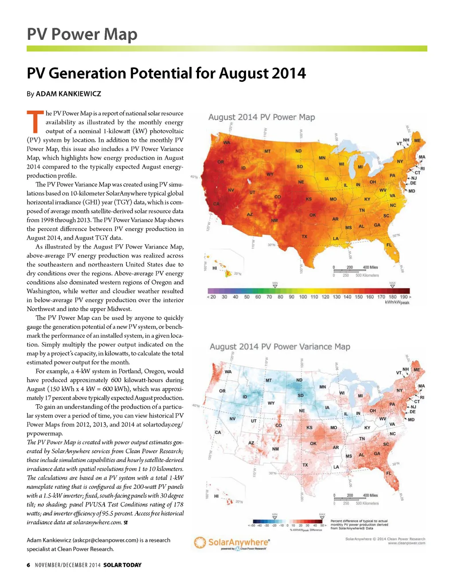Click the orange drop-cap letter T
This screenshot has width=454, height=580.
(35, 122)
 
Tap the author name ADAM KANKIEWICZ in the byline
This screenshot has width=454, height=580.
(68, 94)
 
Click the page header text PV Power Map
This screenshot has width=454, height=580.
(82, 34)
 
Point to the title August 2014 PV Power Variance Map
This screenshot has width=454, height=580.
(280, 347)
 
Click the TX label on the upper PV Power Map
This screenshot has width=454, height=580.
(304, 236)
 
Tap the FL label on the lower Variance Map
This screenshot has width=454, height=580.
(388, 473)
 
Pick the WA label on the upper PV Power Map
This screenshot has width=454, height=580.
(227, 143)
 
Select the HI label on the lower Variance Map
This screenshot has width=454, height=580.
(216, 496)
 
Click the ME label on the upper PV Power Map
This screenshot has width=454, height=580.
(417, 141)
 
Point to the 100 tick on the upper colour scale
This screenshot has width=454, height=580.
(303, 297)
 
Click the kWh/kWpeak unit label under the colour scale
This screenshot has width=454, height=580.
(398, 303)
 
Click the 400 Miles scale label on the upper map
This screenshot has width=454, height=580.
(370, 267)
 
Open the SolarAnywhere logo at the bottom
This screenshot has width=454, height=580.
(232, 543)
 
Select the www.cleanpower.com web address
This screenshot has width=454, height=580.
(407, 543)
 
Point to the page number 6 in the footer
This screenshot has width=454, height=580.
(28, 565)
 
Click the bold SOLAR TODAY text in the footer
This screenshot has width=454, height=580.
(122, 565)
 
